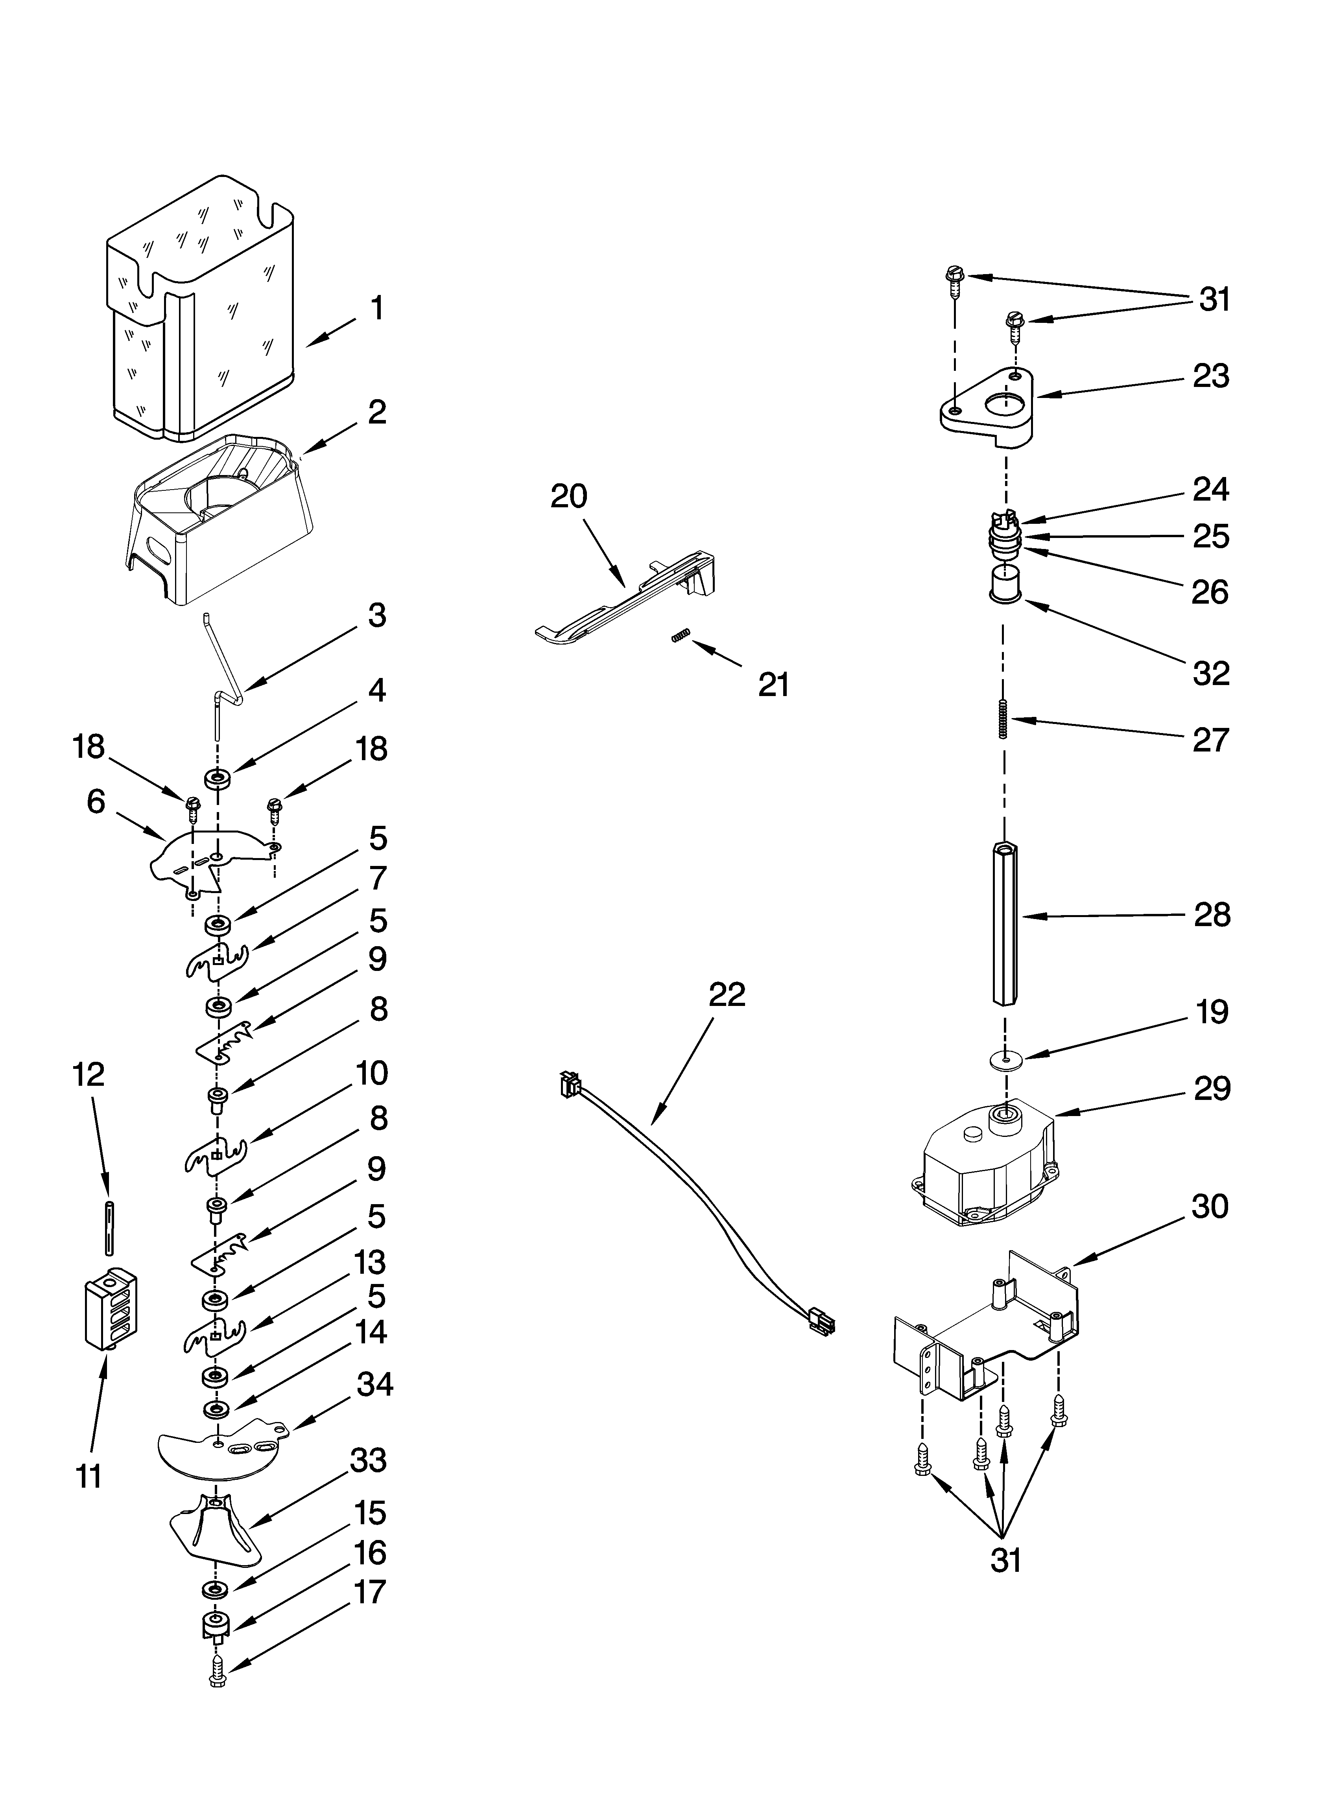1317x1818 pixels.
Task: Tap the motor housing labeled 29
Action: [x=987, y=1170]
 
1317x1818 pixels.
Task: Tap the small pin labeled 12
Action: [x=107, y=1227]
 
